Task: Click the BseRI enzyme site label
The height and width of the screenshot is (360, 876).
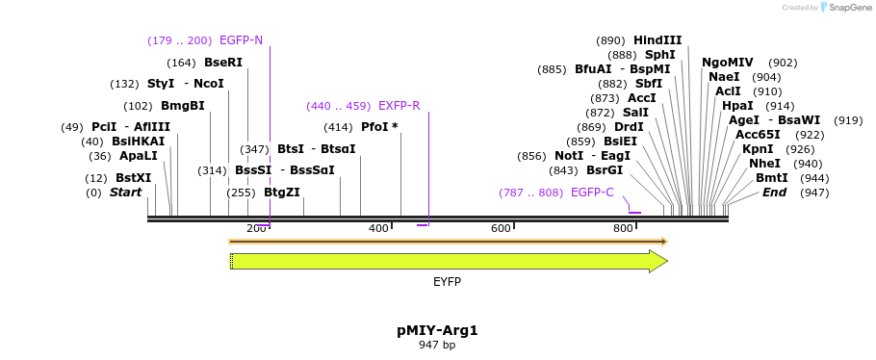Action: point(222,63)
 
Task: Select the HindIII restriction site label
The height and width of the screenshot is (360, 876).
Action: point(657,40)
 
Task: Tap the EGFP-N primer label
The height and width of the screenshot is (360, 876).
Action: point(241,40)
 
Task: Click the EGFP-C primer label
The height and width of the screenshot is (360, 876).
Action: point(592,193)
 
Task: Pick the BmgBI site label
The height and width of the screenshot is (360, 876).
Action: point(183,106)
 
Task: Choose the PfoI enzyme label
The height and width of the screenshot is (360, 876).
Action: point(379,127)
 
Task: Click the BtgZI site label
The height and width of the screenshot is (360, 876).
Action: point(282,193)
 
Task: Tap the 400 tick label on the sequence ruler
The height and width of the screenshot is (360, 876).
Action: point(378,228)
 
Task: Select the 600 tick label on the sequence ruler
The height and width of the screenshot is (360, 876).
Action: point(501,228)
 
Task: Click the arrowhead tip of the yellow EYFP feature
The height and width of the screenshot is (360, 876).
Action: point(666,261)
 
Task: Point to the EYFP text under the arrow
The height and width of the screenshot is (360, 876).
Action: point(447,282)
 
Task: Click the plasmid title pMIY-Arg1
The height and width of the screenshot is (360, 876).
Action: point(437,330)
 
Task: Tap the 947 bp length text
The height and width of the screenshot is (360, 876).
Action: point(437,345)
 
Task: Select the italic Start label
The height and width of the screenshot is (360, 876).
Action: point(125,193)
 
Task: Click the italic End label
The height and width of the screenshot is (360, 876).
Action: point(774,193)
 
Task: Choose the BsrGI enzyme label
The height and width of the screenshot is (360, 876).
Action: point(605,170)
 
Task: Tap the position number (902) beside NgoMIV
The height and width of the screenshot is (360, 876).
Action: point(783,63)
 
